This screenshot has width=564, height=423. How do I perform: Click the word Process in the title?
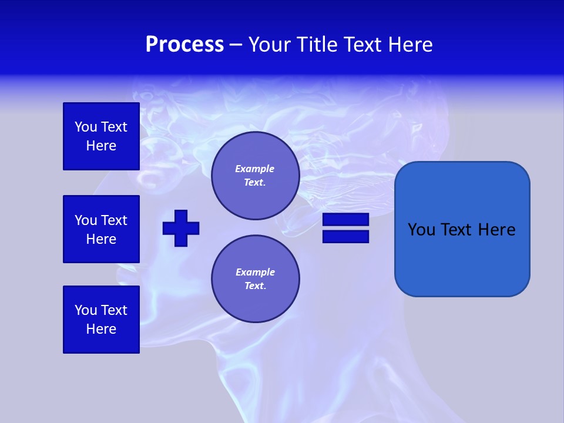point(184,45)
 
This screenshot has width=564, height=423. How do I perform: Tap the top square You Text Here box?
point(101,136)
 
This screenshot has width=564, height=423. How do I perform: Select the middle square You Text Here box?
point(101,229)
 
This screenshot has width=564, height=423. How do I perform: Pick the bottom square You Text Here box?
point(101,320)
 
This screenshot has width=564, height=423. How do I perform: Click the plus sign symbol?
point(181,228)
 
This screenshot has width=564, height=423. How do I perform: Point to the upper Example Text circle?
point(255,176)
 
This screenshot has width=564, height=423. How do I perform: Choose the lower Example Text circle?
point(255,279)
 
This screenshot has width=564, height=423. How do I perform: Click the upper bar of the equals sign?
point(345,220)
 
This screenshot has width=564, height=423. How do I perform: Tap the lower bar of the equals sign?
point(345,237)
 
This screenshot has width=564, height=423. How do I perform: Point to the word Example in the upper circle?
point(255,169)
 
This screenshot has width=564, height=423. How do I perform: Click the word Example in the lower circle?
point(255,272)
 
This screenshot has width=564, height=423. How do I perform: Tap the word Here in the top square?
point(101,146)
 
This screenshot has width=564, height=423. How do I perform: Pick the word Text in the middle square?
point(113,220)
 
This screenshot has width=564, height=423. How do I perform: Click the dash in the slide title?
point(236,45)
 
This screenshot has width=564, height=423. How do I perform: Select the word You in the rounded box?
point(421,230)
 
